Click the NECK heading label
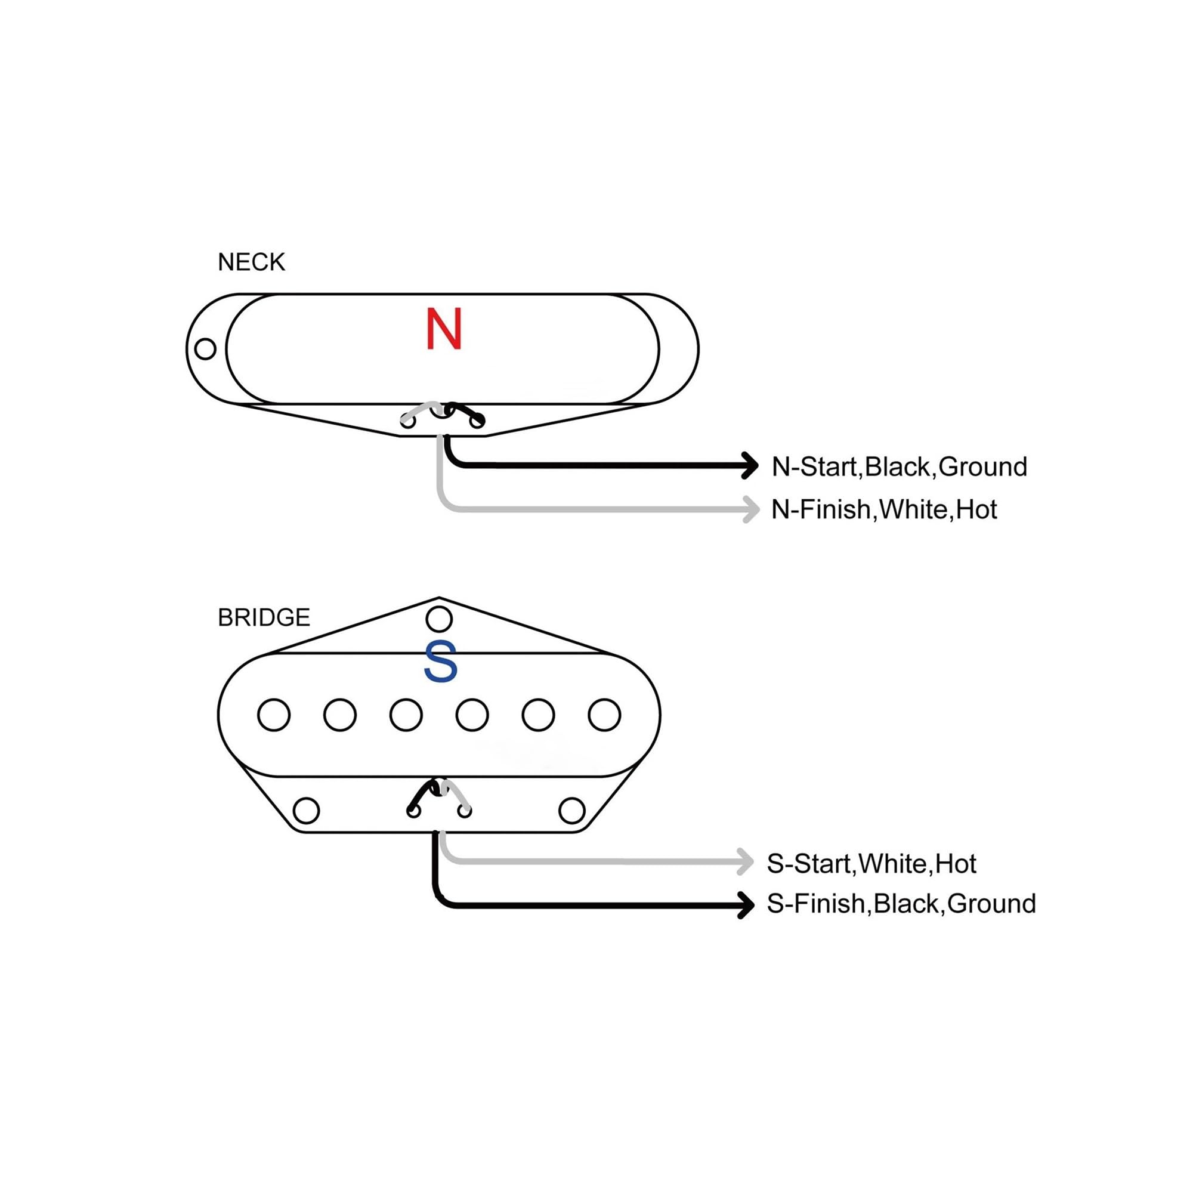pos(251,262)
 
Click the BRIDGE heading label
pos(264,617)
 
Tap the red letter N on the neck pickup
pos(444,329)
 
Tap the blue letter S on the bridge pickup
pos(441,662)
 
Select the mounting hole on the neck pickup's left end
pos(205,349)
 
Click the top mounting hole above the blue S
pos(439,619)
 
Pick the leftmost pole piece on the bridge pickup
pos(274,715)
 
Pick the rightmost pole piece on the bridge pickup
pos(604,715)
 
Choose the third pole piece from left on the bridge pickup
pos(406,715)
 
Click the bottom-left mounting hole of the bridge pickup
pos(306,811)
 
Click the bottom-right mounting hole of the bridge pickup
pos(572,811)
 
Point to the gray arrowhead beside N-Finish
pos(750,509)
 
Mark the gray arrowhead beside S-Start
pos(744,862)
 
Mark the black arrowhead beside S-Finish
pos(745,905)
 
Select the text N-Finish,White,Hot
pos(884,510)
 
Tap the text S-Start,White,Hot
pos(871,864)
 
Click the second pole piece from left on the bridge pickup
pos(339,715)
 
